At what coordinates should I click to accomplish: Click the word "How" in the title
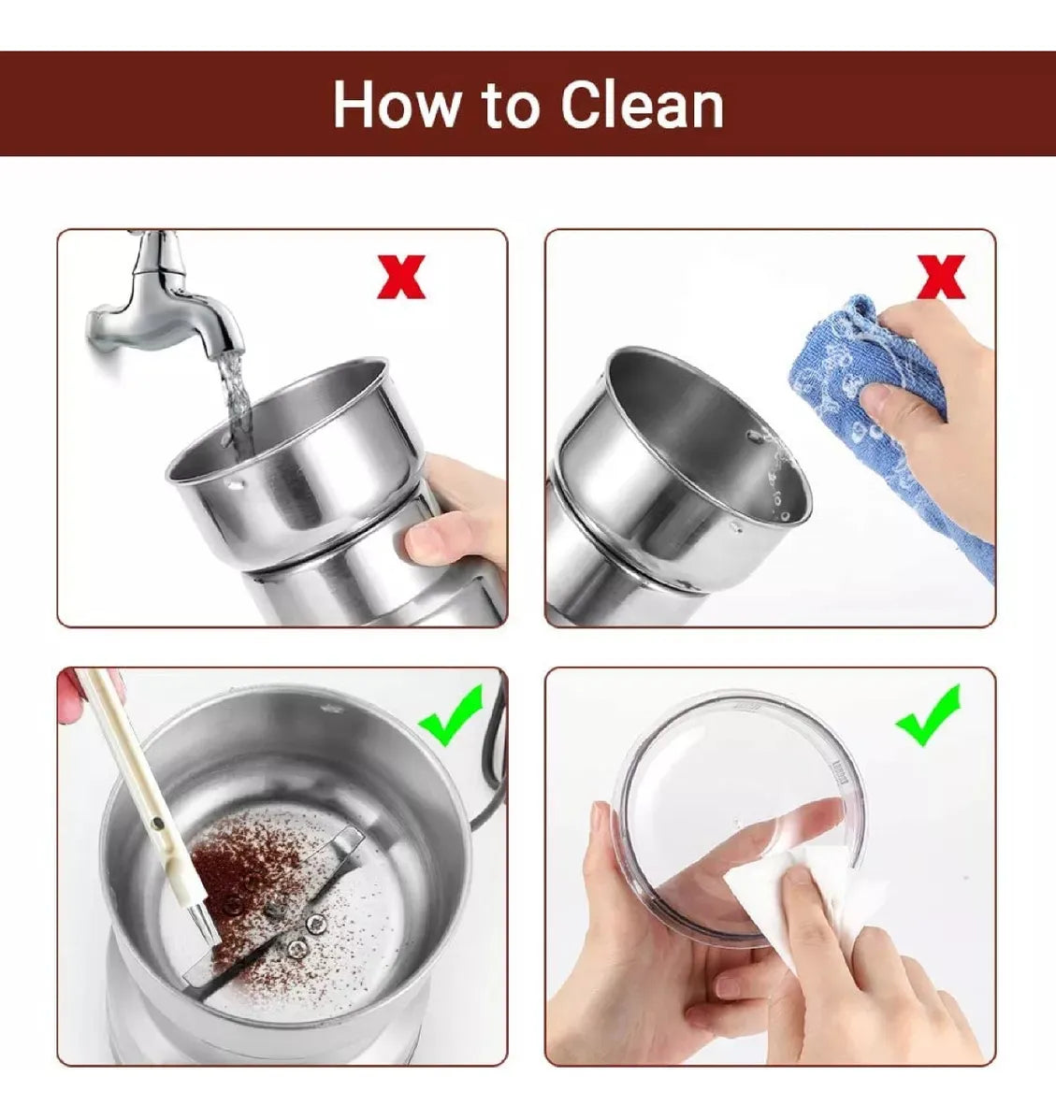coord(398,105)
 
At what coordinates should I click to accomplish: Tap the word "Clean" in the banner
coord(642,105)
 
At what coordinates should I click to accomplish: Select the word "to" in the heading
coord(510,107)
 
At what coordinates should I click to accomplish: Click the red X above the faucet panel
coord(401,277)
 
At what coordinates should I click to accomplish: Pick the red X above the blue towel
coord(941,277)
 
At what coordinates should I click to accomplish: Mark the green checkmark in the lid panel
coord(929,715)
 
